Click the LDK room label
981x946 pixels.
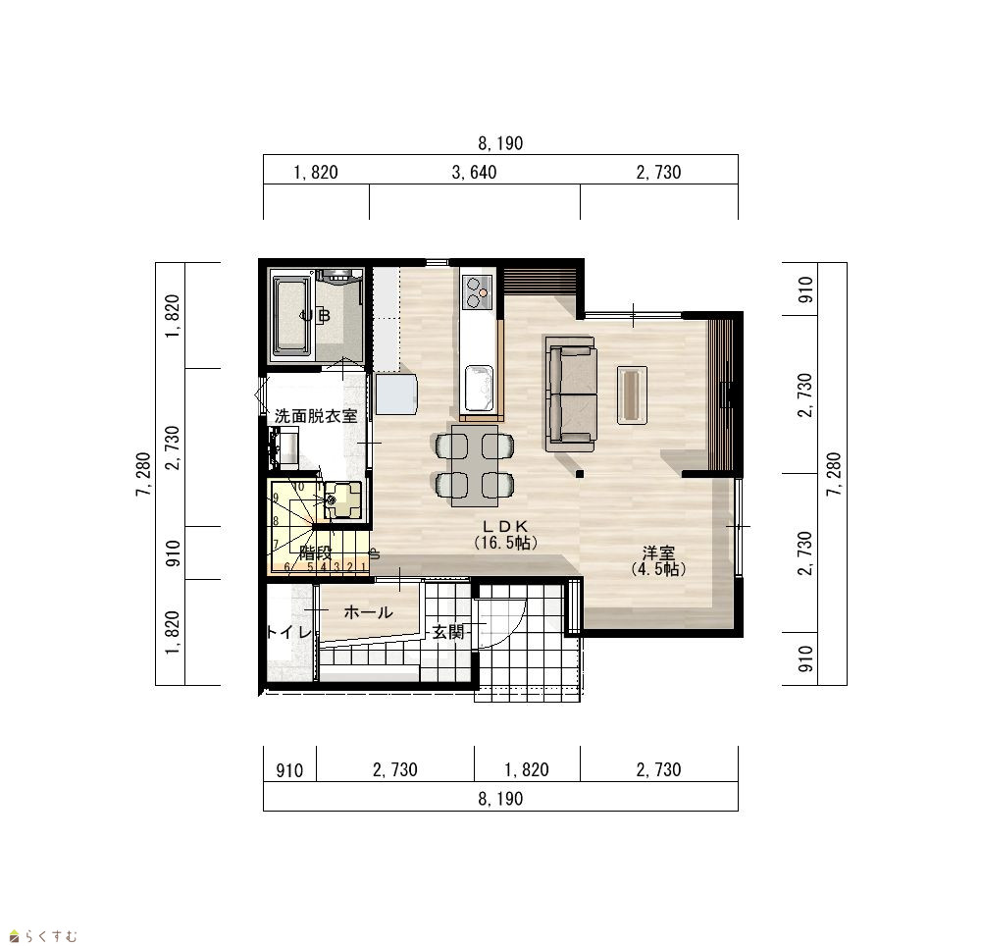(x=505, y=526)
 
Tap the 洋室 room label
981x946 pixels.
(x=658, y=553)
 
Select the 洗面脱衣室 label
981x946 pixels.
(x=316, y=415)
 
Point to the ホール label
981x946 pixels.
(x=369, y=612)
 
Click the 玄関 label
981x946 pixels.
(x=448, y=632)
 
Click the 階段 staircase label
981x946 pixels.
(x=315, y=553)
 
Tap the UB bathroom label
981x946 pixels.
(x=315, y=316)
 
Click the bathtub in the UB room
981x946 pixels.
(x=291, y=316)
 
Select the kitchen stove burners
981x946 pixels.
(x=479, y=292)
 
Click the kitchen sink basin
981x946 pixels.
(x=480, y=389)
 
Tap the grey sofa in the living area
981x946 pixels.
(x=570, y=394)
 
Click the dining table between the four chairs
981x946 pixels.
(x=475, y=465)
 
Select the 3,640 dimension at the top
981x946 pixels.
(x=474, y=172)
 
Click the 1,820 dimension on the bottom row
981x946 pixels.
(x=527, y=769)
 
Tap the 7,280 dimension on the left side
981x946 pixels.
(x=143, y=474)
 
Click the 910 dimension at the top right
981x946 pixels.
(x=805, y=289)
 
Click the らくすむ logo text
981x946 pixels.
(x=51, y=936)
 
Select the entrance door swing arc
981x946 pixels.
(x=514, y=630)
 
